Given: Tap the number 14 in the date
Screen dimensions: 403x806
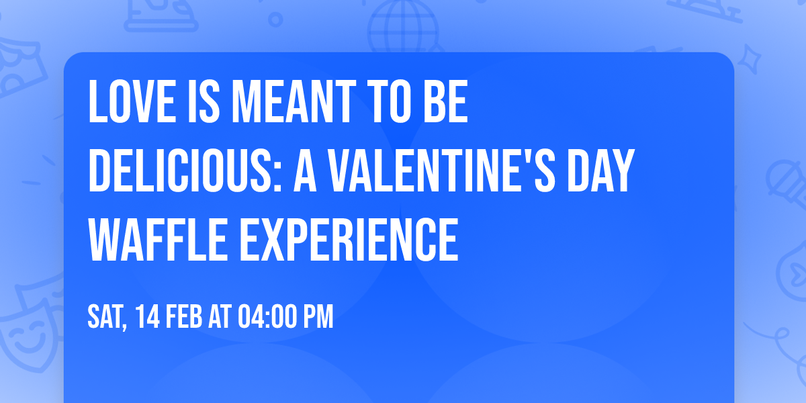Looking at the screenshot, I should click(x=146, y=316).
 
